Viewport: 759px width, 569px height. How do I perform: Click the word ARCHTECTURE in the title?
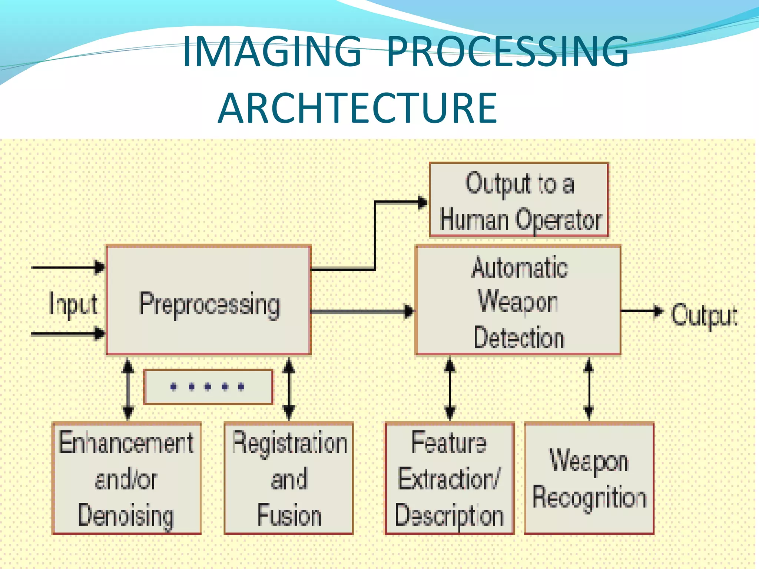(357, 109)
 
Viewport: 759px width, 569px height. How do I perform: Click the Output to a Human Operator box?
(519, 200)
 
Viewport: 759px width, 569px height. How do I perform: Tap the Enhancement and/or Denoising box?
(126, 478)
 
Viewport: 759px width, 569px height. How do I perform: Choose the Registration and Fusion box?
(289, 478)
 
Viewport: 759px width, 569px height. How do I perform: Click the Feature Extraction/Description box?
(450, 478)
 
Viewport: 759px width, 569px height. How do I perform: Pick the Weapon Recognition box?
(589, 478)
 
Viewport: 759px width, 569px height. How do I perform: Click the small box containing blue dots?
(208, 387)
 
